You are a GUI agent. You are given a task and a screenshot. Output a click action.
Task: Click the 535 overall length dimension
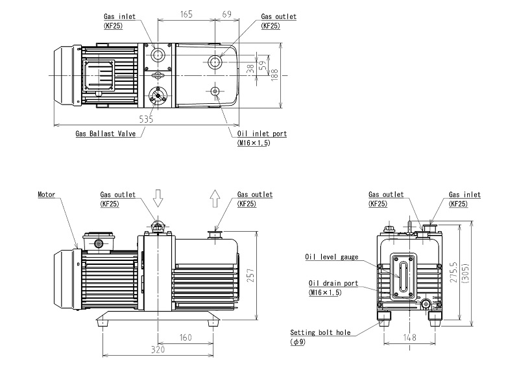pos(146,119)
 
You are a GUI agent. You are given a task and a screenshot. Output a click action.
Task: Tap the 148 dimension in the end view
pos(409,337)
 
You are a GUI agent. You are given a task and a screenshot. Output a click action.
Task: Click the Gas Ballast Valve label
pos(105,134)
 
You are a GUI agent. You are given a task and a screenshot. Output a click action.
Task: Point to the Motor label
pos(47,194)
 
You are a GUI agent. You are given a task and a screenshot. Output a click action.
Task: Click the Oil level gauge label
pos(332,257)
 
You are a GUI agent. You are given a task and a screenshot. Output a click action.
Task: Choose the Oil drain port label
pos(332,284)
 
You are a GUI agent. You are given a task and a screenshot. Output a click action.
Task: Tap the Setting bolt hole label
pos(320,332)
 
